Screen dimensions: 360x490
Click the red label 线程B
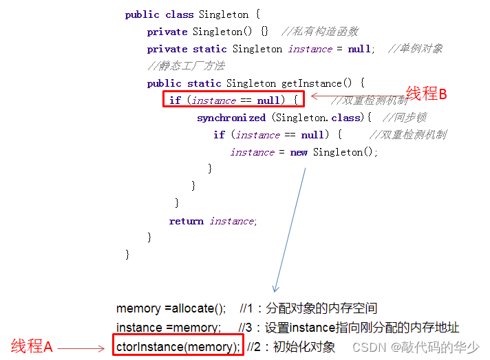(x=427, y=94)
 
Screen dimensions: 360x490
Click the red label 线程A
(x=32, y=347)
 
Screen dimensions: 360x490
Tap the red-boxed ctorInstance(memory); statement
(x=178, y=346)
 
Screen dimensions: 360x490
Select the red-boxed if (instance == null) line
(x=234, y=100)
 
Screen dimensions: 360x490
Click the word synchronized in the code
(x=231, y=118)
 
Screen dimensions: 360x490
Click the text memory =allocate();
(x=171, y=308)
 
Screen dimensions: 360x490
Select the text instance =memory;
(x=169, y=328)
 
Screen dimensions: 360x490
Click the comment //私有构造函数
(x=320, y=32)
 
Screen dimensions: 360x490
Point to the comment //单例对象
(x=415, y=49)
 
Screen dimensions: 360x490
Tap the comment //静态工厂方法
(x=176, y=66)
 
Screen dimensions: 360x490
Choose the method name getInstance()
(x=318, y=83)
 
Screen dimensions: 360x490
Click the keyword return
(x=186, y=221)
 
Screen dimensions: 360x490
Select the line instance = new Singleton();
(x=303, y=152)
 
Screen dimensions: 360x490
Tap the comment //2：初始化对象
(x=291, y=346)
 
